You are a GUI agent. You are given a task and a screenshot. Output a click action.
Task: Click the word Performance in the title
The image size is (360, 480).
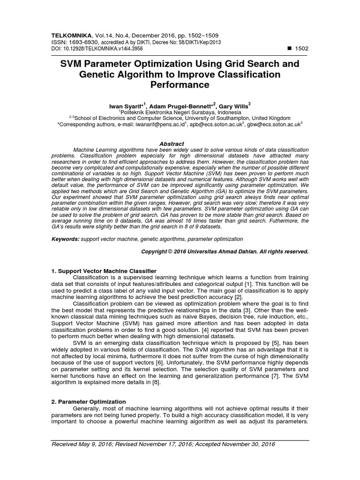point(180,85)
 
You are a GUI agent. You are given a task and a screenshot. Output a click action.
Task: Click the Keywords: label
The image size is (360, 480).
point(65,239)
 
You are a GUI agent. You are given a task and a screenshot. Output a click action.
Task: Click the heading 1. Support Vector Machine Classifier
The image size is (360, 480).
point(100,271)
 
